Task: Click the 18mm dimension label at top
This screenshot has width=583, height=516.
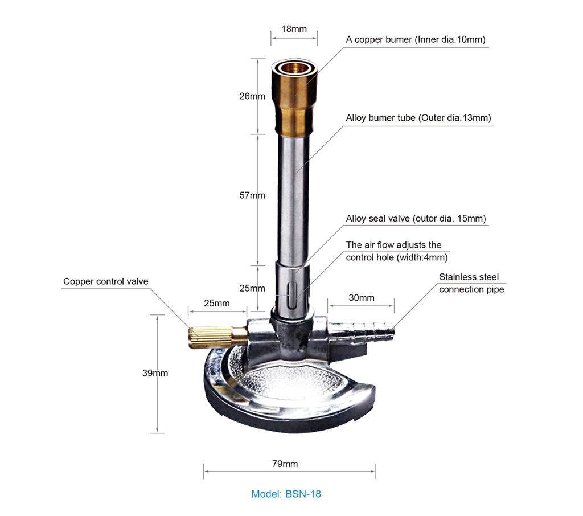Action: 294,28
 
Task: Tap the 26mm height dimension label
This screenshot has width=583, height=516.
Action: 252,96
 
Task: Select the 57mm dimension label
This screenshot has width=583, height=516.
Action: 252,195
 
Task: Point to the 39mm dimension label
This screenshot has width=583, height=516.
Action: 155,373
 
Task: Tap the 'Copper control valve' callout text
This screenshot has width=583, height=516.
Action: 105,281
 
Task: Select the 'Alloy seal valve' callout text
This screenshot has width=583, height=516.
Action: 416,219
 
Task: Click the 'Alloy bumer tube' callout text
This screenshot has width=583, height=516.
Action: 418,118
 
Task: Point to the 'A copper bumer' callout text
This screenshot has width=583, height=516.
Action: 416,39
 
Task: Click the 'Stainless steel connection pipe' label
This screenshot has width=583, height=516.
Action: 471,283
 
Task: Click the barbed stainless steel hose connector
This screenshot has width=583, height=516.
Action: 364,330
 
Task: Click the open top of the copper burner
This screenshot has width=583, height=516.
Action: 294,67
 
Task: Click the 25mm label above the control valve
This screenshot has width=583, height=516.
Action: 217,303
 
